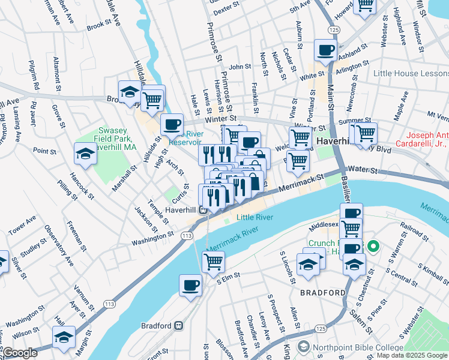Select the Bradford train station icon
coord(178,326)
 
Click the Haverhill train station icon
coord(203,210)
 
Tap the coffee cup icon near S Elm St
coord(191,286)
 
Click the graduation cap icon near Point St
coord(85,154)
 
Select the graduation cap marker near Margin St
coord(64,337)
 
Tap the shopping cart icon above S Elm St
coord(213,262)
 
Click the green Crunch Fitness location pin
coord(373,246)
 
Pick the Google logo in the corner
coord(19,353)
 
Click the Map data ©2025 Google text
coord(411,355)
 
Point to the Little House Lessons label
coord(408,73)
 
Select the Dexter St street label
coord(226,10)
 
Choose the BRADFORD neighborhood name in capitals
coord(323,293)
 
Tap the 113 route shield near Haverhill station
coord(188,236)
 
